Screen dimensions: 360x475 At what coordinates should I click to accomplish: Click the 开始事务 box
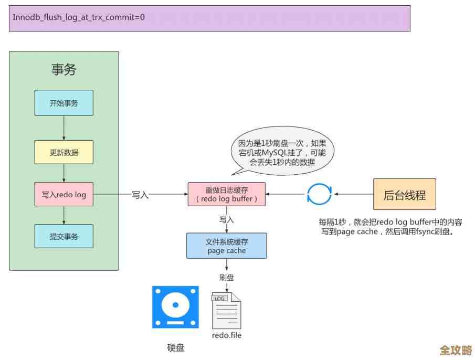[x=64, y=103]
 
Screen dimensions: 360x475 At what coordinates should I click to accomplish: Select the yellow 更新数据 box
[x=64, y=152]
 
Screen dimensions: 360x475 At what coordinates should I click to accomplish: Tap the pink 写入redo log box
[x=64, y=195]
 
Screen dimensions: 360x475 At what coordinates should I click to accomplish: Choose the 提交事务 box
[x=64, y=236]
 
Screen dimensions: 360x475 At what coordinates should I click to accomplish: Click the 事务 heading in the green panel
[x=64, y=69]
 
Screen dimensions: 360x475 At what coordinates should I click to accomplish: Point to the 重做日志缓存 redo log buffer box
[x=226, y=194]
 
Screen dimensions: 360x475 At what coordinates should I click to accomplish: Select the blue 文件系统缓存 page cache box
[x=226, y=246]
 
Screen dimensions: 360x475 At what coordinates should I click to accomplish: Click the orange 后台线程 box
[x=404, y=195]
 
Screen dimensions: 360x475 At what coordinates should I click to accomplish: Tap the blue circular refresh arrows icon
[x=319, y=194]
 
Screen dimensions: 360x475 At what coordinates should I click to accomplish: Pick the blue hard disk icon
[x=175, y=307]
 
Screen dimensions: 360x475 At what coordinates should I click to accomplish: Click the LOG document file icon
[x=226, y=310]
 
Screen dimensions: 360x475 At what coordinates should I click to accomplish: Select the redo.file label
[x=227, y=335]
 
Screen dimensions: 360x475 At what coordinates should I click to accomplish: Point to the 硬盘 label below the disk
[x=175, y=347]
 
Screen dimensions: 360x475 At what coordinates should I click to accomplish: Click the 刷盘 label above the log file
[x=227, y=278]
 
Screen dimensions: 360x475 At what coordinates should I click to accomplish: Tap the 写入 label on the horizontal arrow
[x=140, y=195]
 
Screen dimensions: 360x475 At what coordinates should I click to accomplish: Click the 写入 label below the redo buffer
[x=227, y=219]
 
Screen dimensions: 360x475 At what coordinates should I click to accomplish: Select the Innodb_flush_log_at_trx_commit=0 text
[x=79, y=17]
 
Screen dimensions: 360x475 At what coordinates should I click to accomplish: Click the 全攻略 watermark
[x=456, y=350]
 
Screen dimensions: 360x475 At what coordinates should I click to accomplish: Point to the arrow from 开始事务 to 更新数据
[x=64, y=128]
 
